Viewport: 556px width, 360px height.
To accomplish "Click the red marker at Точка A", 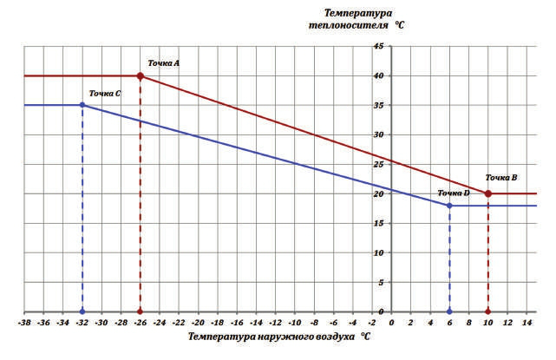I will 141,76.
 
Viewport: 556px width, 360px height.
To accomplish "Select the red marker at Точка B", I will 488,193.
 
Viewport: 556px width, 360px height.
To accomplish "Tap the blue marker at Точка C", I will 82,105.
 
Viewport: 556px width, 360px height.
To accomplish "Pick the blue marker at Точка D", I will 449,206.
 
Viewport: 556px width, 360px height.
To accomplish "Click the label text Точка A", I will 163,63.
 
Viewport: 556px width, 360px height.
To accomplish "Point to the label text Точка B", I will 501,178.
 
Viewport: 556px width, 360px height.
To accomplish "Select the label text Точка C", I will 105,92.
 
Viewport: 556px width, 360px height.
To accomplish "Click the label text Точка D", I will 454,193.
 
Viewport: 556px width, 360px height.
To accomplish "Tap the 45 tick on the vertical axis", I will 378,46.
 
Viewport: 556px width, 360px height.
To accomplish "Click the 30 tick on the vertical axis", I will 378,135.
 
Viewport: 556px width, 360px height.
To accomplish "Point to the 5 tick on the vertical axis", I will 381,283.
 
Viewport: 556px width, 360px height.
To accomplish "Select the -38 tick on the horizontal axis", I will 24,322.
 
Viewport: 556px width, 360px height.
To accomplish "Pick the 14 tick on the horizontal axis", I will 527,322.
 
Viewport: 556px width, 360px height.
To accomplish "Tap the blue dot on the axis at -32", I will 82,311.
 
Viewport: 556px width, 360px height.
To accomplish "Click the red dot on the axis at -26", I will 141,311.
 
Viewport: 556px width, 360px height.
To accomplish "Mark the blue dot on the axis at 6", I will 449,311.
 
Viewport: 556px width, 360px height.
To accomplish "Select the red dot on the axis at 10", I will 488,311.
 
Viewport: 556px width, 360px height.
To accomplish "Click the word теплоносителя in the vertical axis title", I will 345,25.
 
